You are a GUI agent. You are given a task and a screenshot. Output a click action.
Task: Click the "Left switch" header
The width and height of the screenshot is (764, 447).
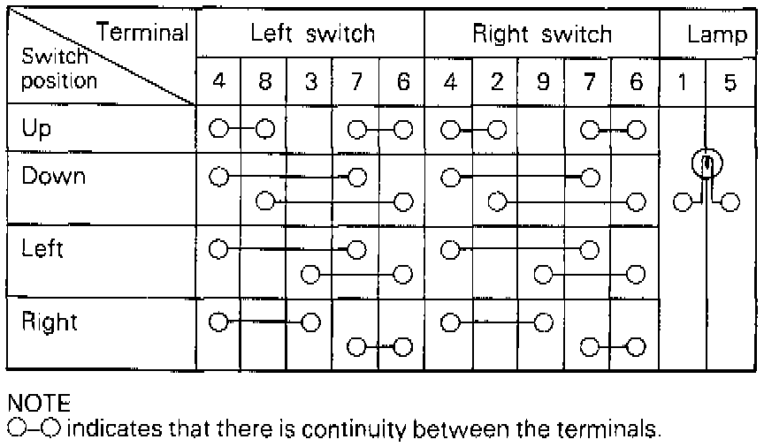[x=312, y=34]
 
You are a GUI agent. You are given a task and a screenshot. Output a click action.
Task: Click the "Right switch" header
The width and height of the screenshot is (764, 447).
[x=542, y=34]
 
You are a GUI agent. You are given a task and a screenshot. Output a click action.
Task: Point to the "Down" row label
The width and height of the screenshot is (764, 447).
[x=54, y=176]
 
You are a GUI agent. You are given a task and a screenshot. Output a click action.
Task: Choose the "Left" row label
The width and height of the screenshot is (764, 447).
[x=42, y=248]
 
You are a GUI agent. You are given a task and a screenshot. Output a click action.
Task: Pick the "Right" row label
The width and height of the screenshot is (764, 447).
[x=50, y=322]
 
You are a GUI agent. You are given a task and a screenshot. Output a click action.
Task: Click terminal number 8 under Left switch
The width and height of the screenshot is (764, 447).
[x=264, y=83]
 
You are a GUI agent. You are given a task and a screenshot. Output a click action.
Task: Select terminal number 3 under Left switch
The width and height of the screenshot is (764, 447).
[x=310, y=83]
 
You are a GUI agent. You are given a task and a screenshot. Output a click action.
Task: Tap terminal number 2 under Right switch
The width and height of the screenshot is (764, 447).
[x=496, y=83]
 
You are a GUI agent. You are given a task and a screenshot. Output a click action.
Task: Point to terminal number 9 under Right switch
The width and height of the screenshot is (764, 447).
[x=542, y=83]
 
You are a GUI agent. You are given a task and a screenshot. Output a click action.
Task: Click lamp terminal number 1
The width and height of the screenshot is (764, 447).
[x=683, y=83]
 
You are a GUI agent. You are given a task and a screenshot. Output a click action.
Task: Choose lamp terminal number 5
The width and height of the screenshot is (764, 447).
[x=730, y=83]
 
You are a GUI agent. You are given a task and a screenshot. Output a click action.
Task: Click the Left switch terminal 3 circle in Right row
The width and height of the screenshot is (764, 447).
[x=309, y=322]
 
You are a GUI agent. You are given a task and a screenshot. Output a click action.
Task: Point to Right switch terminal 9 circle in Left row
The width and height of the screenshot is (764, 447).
[x=542, y=275]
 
